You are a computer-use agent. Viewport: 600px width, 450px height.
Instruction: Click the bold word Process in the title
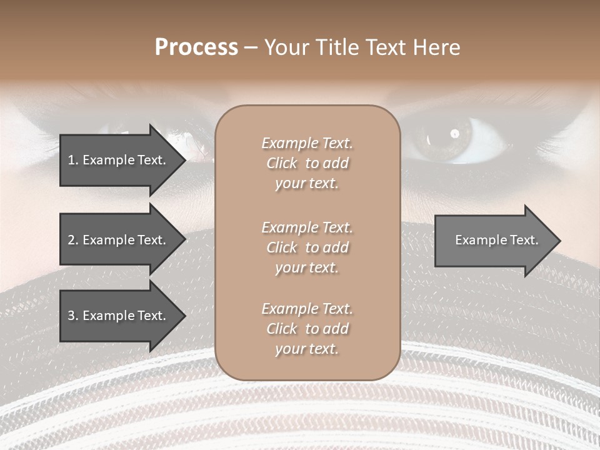(x=196, y=47)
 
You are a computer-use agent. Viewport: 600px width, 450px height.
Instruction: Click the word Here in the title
(x=435, y=47)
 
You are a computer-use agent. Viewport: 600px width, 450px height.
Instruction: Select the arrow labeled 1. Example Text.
(x=117, y=160)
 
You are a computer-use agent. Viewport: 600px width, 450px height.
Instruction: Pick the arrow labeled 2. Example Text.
(x=117, y=240)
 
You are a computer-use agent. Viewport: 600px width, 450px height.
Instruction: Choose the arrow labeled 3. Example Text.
(x=117, y=316)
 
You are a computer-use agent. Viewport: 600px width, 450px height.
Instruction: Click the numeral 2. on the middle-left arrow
(x=73, y=240)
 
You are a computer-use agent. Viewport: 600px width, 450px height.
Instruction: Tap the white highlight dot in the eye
(x=455, y=132)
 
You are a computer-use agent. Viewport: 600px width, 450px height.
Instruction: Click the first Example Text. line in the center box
(x=307, y=143)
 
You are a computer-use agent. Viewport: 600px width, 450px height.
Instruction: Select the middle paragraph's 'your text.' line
(x=307, y=267)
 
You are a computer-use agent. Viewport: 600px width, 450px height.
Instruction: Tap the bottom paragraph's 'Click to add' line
(x=307, y=329)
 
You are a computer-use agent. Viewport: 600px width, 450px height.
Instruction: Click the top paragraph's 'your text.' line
(x=307, y=184)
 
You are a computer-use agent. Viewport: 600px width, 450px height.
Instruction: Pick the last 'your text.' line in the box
(x=307, y=349)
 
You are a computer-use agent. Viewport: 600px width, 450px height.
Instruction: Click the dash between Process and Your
(x=251, y=47)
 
